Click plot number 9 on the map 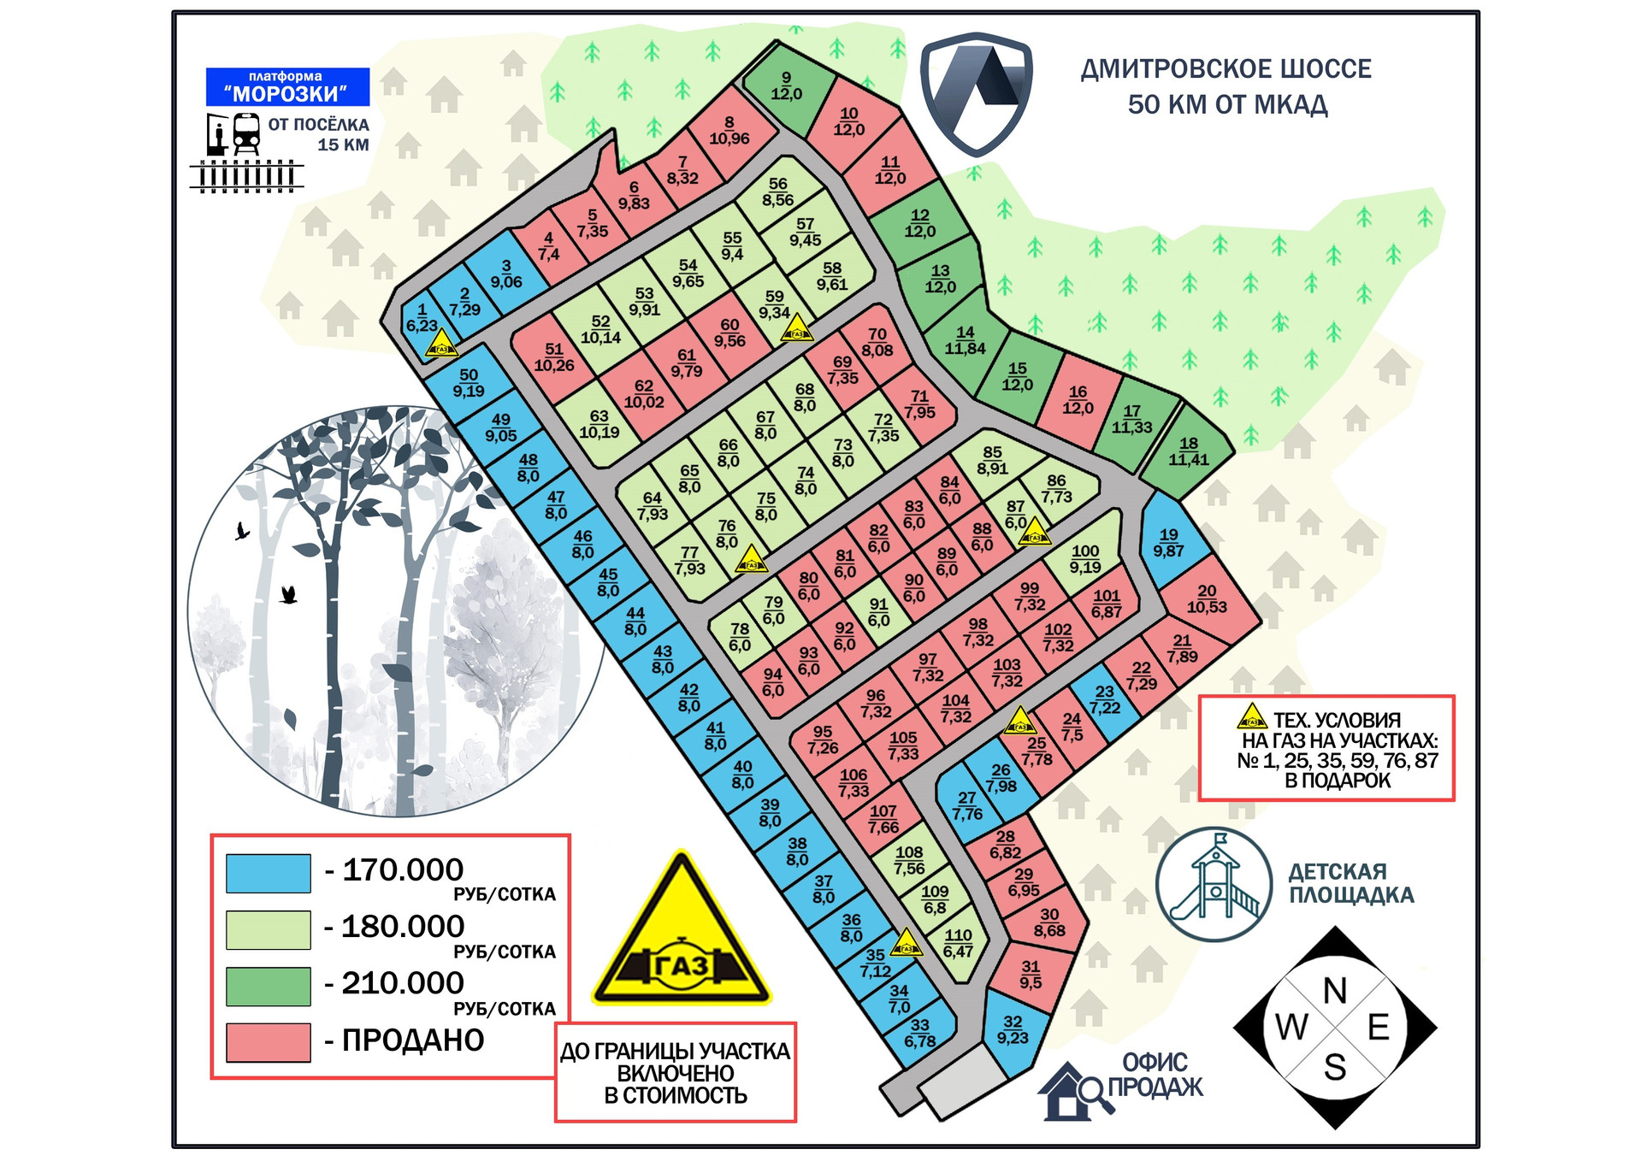click(x=787, y=86)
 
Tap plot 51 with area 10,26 click(x=554, y=357)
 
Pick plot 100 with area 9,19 click(x=1085, y=559)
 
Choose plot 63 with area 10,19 click(x=599, y=424)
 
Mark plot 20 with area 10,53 click(x=1207, y=598)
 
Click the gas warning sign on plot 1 click(x=442, y=345)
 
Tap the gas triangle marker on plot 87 click(x=1034, y=532)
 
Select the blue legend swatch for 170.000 click(x=268, y=873)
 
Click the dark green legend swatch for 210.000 click(x=268, y=986)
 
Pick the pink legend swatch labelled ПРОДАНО click(x=268, y=1042)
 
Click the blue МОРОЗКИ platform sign click(x=287, y=86)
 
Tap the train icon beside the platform click(x=246, y=134)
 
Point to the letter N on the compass click(x=1334, y=991)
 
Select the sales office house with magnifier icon click(x=1075, y=1092)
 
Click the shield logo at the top click(x=976, y=93)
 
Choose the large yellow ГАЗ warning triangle click(x=681, y=937)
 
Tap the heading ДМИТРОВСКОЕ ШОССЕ click(x=1226, y=69)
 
